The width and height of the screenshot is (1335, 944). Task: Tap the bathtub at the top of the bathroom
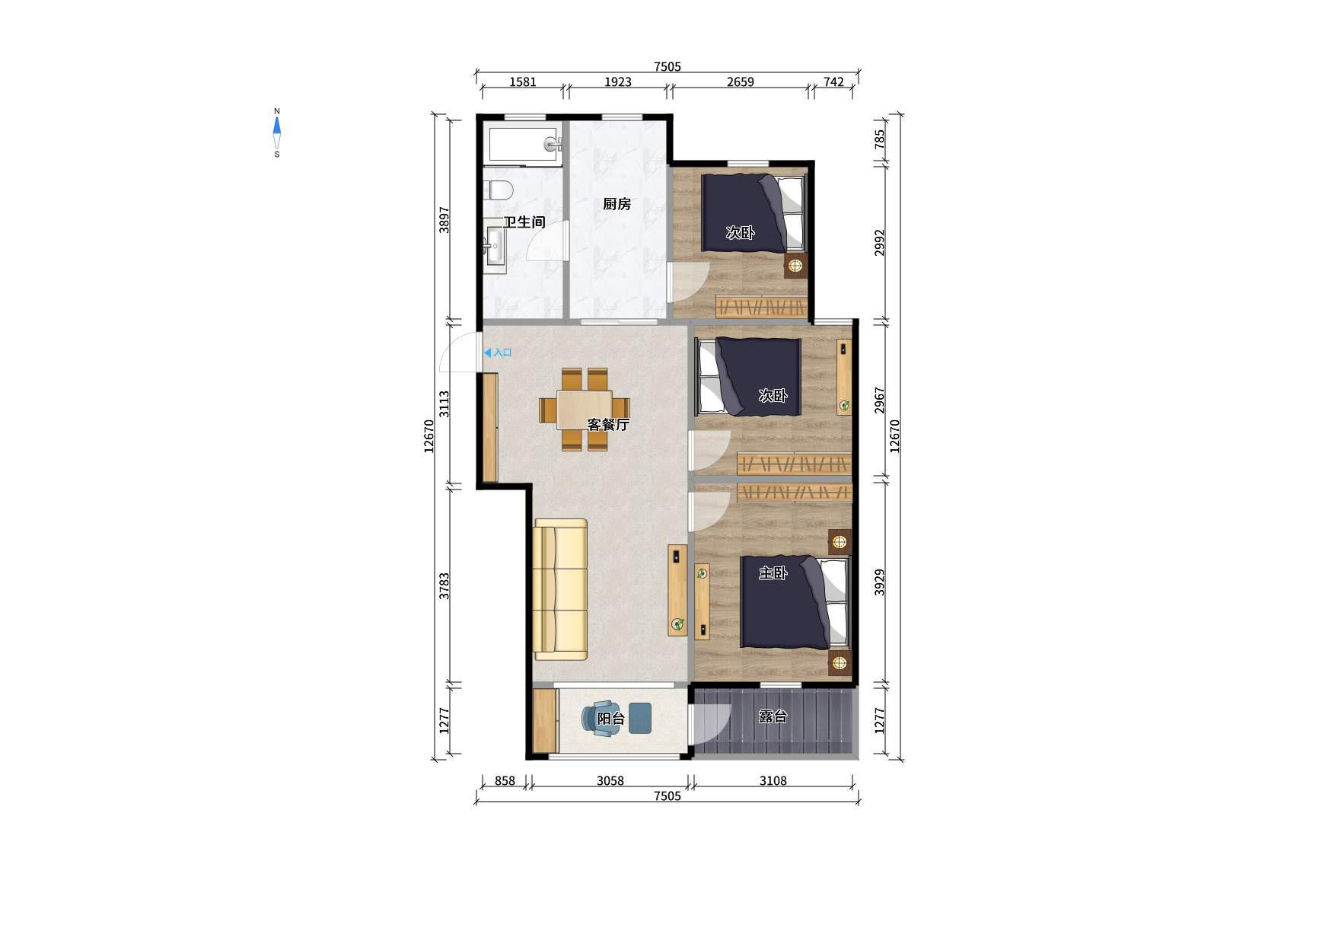(524, 145)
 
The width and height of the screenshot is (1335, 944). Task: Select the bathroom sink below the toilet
(494, 247)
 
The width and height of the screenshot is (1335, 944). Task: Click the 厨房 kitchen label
(617, 204)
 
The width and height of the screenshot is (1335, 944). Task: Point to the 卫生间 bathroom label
(524, 222)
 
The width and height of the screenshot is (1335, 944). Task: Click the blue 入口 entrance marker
(498, 353)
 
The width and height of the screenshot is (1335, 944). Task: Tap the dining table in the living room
(585, 410)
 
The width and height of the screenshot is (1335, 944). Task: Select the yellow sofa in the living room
(560, 589)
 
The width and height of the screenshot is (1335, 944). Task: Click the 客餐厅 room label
(608, 425)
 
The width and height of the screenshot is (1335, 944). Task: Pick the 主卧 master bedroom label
(773, 573)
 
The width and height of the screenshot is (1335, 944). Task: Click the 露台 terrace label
(773, 716)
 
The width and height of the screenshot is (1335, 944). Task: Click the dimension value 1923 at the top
(618, 82)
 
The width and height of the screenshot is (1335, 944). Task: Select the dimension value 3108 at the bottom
(773, 781)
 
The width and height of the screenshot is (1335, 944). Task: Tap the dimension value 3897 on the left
(444, 220)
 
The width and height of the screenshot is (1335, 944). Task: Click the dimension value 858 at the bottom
(505, 781)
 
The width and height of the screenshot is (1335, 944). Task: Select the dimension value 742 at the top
(833, 82)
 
